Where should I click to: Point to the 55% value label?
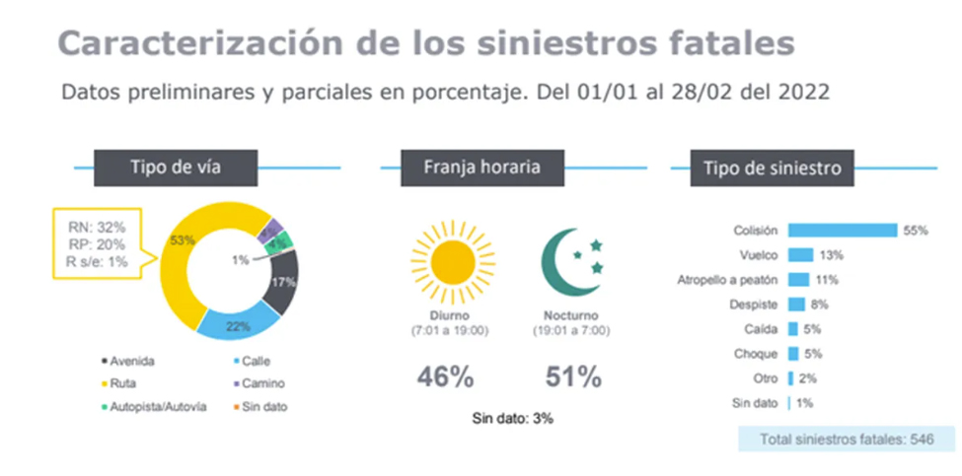click(915, 230)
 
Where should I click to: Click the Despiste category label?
click(754, 305)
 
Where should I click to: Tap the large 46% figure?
click(445, 376)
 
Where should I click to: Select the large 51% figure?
click(573, 376)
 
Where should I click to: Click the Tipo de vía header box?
click(175, 167)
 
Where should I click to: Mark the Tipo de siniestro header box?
click(772, 169)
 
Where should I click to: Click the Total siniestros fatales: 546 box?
click(835, 439)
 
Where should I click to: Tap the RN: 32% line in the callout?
click(96, 227)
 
